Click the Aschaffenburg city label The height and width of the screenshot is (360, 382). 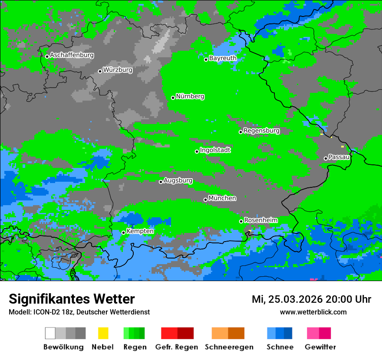coord(72,55)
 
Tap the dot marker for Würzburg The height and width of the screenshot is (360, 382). coord(100,71)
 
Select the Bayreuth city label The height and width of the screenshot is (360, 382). coord(223,58)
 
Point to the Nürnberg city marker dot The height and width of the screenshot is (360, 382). coord(173,98)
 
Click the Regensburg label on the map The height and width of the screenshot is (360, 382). coord(261,131)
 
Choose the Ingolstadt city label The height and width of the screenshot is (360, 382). coord(215,150)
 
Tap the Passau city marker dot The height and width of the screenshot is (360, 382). coord(326,158)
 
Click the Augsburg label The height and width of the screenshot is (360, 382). coord(178,180)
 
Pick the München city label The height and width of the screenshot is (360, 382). coord(222,198)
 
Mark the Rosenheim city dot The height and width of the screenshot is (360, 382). coord(241,222)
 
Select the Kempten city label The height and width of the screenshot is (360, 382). coord(140,231)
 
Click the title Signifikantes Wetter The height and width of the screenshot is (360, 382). coord(72,299)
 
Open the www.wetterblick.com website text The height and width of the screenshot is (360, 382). coord(313,312)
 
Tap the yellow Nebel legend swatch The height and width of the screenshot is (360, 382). coord(103,333)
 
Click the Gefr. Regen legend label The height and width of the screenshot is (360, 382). coord(176,347)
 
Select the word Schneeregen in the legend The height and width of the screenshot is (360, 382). coord(229,347)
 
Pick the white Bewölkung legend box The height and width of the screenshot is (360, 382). coord(50,333)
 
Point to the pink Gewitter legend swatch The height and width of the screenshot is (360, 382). coord(313,333)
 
